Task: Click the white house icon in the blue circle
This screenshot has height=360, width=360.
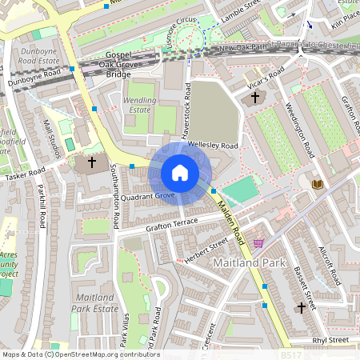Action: tap(180, 172)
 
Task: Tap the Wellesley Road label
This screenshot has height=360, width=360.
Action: tap(212, 146)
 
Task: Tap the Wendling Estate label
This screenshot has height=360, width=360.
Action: tap(139, 103)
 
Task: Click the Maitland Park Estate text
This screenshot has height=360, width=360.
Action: tap(94, 302)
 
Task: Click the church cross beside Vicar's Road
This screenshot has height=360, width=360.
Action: tap(255, 98)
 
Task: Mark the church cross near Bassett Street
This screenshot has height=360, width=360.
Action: tap(302, 307)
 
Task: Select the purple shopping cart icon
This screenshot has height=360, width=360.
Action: tap(258, 242)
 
